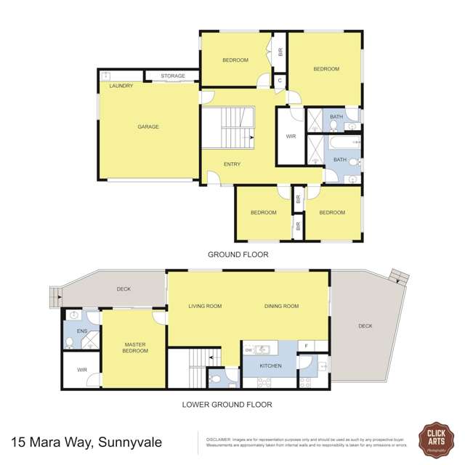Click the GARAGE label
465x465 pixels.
point(147,126)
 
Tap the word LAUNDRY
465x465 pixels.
point(121,86)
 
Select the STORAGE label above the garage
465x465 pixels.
point(173,76)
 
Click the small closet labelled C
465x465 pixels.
point(280,81)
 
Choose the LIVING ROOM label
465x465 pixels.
point(204,306)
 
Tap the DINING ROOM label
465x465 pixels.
point(281,306)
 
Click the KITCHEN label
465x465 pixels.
point(271,365)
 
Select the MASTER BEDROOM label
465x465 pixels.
point(135,347)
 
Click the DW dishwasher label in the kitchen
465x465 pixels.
point(248,349)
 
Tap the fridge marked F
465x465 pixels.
point(307,347)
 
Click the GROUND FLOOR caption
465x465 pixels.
point(238,254)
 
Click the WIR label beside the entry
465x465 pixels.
point(291,136)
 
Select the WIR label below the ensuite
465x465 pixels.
point(82,370)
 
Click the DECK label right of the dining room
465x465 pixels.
point(365,325)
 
